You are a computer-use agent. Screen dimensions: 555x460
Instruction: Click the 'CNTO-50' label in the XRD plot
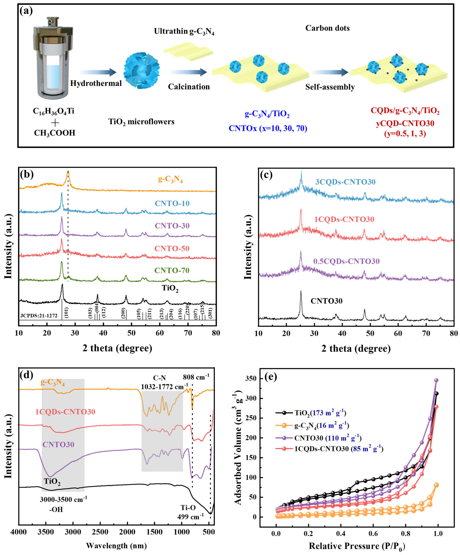point(172,248)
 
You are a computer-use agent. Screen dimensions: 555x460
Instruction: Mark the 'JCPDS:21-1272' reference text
point(39,316)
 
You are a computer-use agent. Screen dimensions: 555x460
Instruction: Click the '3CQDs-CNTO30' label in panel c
point(345,182)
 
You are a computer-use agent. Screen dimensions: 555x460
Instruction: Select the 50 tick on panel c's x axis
point(370,333)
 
